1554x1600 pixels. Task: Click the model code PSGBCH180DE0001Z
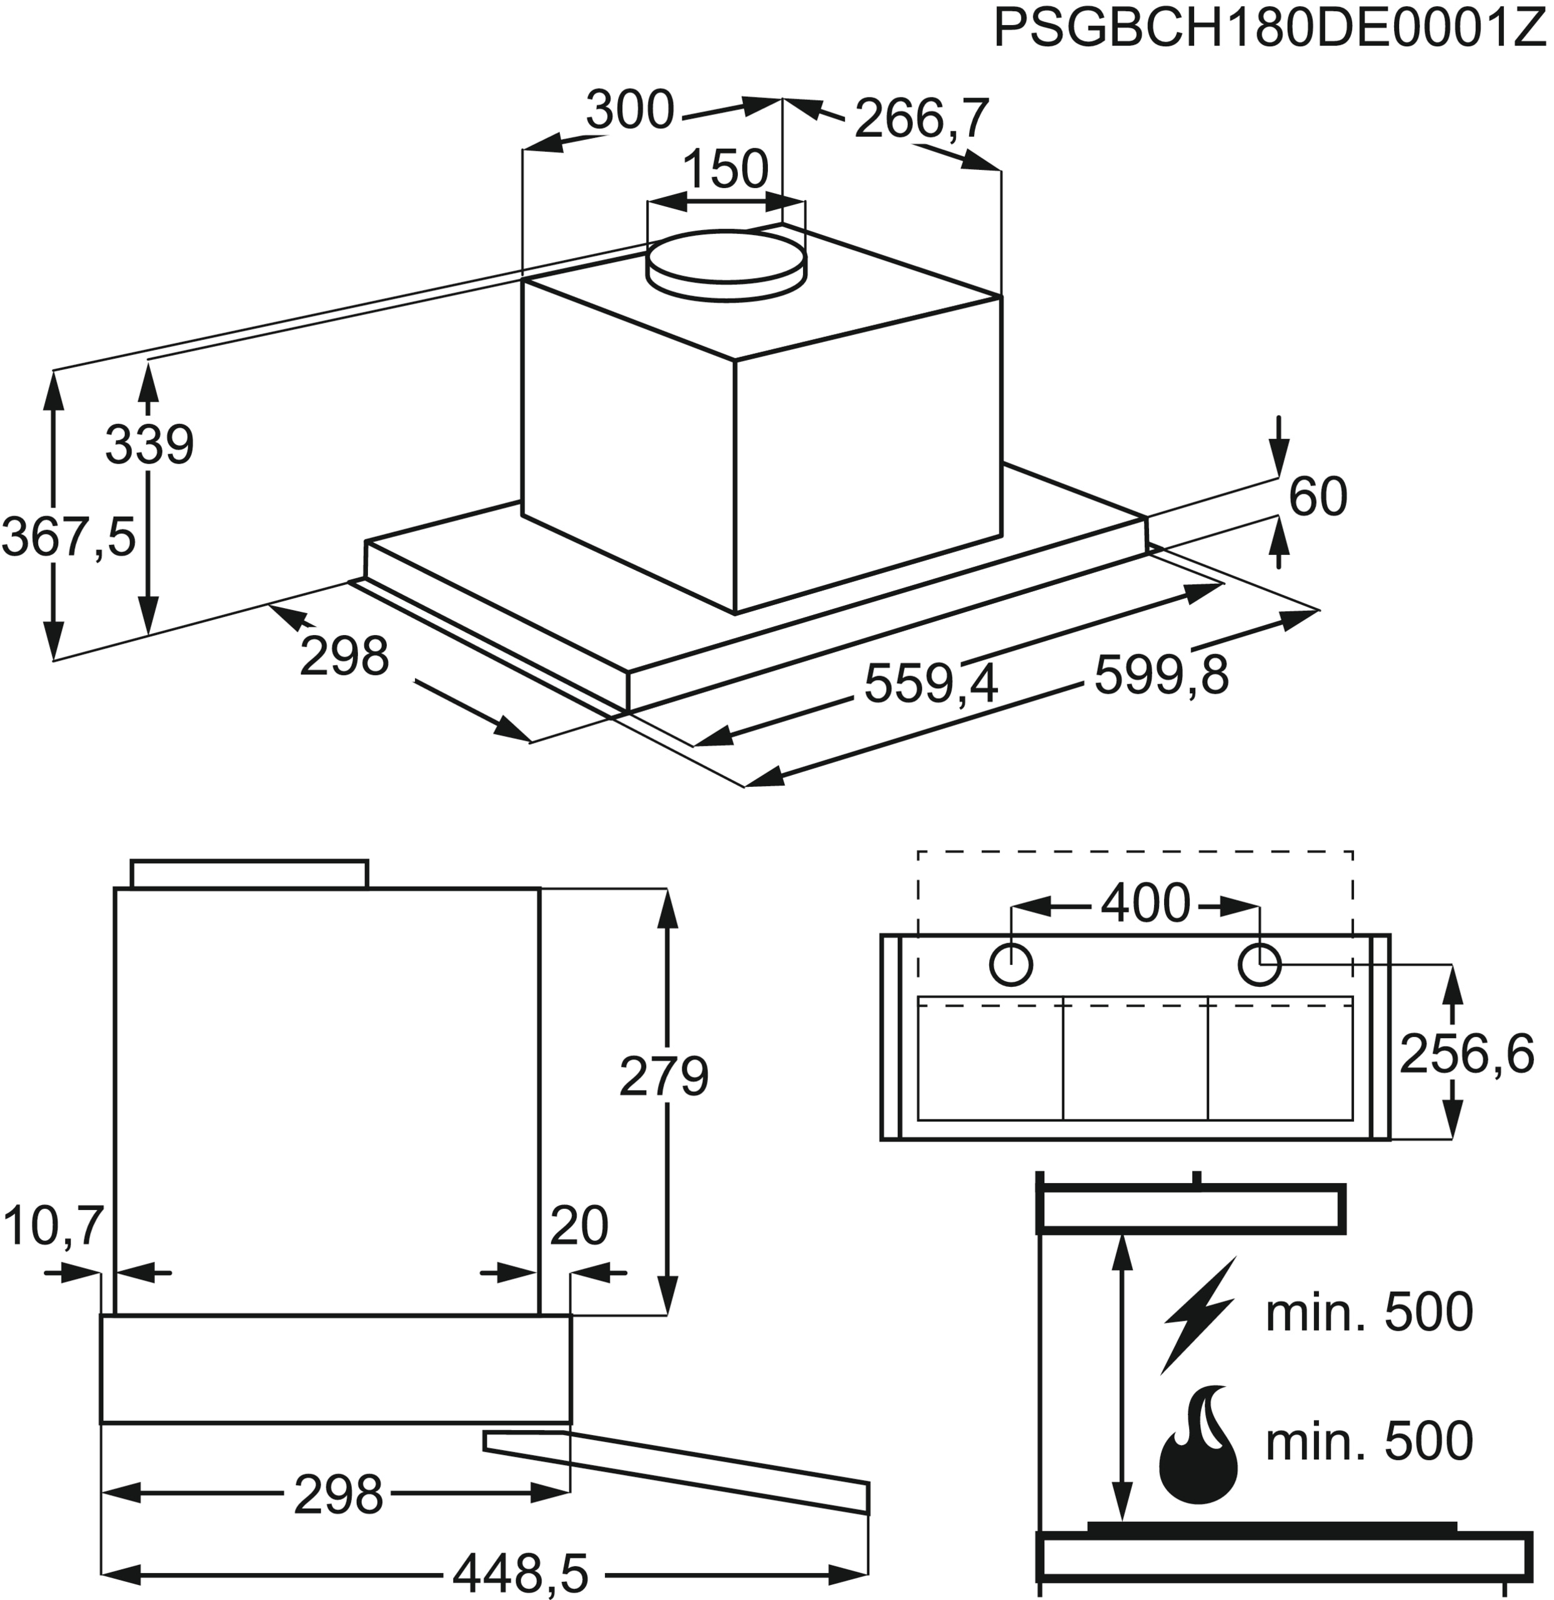tap(1270, 31)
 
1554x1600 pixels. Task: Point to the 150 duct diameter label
tap(725, 170)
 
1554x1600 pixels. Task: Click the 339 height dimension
tap(149, 445)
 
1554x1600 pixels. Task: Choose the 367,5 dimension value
tap(69, 537)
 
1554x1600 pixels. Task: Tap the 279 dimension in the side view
tap(664, 1077)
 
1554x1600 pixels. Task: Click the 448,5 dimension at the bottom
tap(520, 1571)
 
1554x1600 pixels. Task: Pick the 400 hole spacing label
tap(1145, 904)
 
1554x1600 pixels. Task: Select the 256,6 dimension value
tap(1467, 1055)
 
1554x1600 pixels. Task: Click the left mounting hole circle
tap(1010, 966)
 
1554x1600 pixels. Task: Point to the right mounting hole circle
tap(1259, 966)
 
